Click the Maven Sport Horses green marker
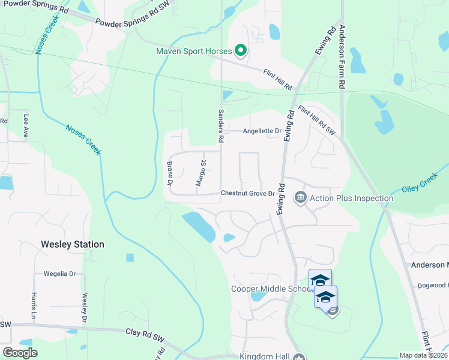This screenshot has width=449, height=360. click(x=241, y=51)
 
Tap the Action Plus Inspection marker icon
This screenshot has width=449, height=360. click(x=300, y=197)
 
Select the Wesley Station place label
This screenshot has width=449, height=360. click(x=73, y=244)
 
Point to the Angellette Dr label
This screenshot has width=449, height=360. click(x=262, y=131)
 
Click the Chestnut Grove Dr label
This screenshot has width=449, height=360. click(x=247, y=193)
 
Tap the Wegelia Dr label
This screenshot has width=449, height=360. click(x=59, y=274)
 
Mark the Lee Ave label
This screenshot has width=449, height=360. click(x=26, y=127)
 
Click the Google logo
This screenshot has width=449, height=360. click(x=20, y=353)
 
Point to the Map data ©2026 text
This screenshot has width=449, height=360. click(x=423, y=355)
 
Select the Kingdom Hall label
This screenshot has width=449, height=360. click(x=265, y=356)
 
